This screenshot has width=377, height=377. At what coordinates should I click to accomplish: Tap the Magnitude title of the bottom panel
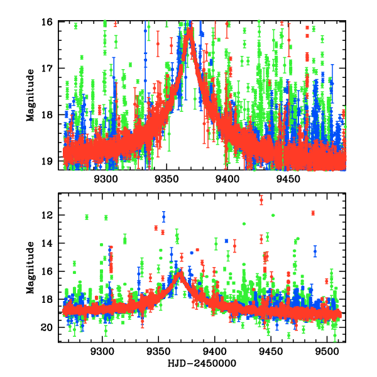point(30,267)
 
